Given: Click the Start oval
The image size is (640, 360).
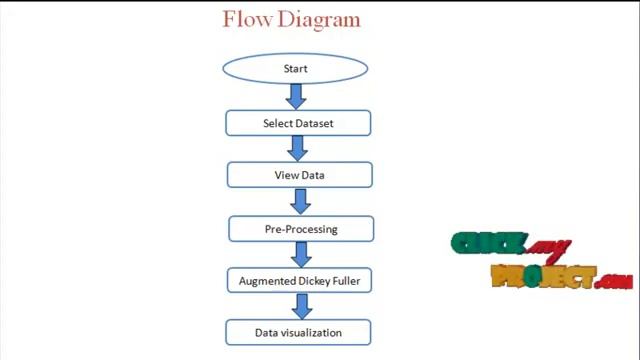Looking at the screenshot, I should [295, 69].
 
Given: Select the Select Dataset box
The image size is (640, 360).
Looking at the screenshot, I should [298, 123].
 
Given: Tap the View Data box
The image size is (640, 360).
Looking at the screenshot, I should [299, 175].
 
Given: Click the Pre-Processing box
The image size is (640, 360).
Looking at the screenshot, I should [301, 229].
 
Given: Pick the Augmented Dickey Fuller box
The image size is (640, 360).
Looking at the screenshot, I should [299, 281].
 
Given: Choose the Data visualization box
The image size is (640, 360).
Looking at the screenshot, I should [298, 332].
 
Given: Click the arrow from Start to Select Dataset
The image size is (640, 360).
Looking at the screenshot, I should [295, 96].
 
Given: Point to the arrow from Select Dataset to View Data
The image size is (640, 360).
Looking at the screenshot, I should [297, 148].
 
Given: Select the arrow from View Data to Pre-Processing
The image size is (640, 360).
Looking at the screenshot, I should [300, 201].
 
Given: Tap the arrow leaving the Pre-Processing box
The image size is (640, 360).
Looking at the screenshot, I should [301, 254].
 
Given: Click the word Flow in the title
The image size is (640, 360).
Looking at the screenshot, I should [245, 19].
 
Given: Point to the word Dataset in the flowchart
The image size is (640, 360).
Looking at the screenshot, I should [314, 123].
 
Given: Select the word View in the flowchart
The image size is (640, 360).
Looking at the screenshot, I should [286, 175].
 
